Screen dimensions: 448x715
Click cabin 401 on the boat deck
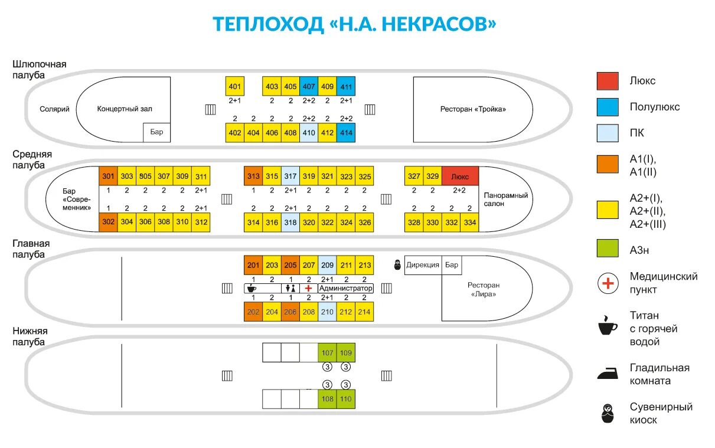coord(235,86)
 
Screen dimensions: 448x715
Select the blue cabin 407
coord(309,86)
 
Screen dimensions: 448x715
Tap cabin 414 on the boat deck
coord(346,132)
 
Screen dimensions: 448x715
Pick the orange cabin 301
coord(108,176)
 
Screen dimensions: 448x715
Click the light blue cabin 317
coord(290,176)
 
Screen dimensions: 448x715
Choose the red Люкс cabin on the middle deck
coord(460,176)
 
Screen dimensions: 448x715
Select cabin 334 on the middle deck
coord(469,222)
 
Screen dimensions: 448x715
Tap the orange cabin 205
coord(290,266)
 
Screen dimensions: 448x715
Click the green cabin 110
coord(346,399)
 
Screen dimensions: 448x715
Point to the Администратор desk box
coord(346,288)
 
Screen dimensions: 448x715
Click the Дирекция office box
coord(423,265)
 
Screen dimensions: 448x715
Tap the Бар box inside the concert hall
coord(156,132)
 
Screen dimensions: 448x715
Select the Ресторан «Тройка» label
coord(473,109)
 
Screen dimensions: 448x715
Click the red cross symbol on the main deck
coord(308,288)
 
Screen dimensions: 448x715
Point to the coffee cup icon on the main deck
coord(251,288)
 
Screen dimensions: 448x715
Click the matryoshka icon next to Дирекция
coord(398,265)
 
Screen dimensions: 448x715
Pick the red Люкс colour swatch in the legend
coord(608,81)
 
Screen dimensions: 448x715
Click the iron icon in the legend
coord(608,373)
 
